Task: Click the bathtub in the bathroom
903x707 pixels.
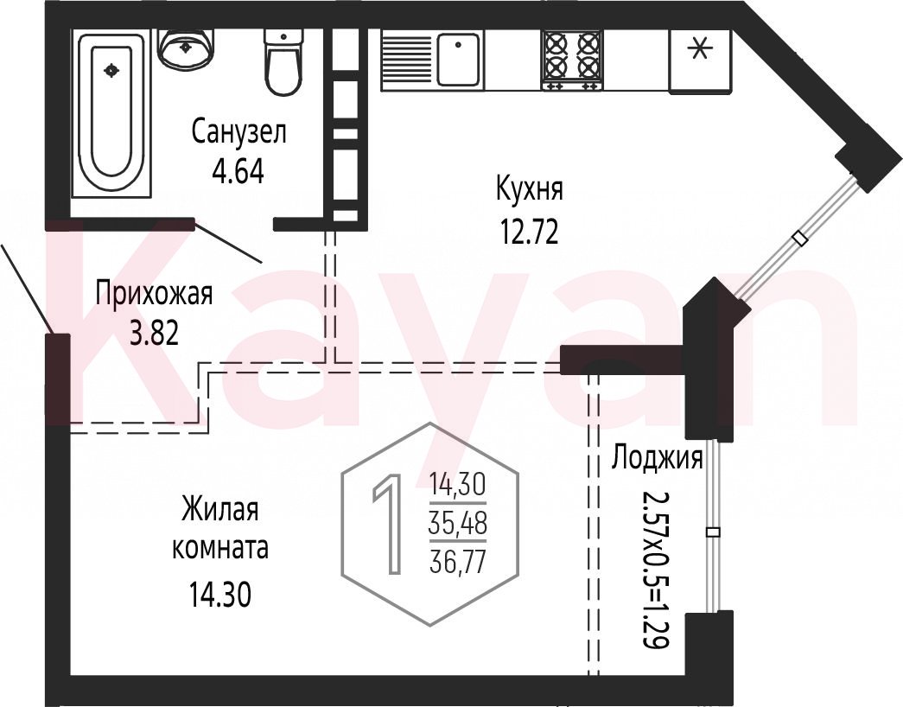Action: point(111,114)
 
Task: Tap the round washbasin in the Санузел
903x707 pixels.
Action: point(187,47)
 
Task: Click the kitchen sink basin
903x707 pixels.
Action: point(458,60)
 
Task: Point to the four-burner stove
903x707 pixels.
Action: point(572,60)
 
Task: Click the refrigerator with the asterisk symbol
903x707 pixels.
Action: point(700,61)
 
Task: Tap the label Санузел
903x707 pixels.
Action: point(239,133)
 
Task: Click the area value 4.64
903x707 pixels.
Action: point(238,171)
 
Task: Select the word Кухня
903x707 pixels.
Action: point(529,189)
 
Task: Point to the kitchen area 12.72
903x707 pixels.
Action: point(529,233)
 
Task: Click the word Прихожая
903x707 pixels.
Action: point(155,294)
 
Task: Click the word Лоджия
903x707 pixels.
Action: point(657,459)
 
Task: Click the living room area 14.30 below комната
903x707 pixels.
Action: point(220,595)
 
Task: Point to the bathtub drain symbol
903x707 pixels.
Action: point(111,70)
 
